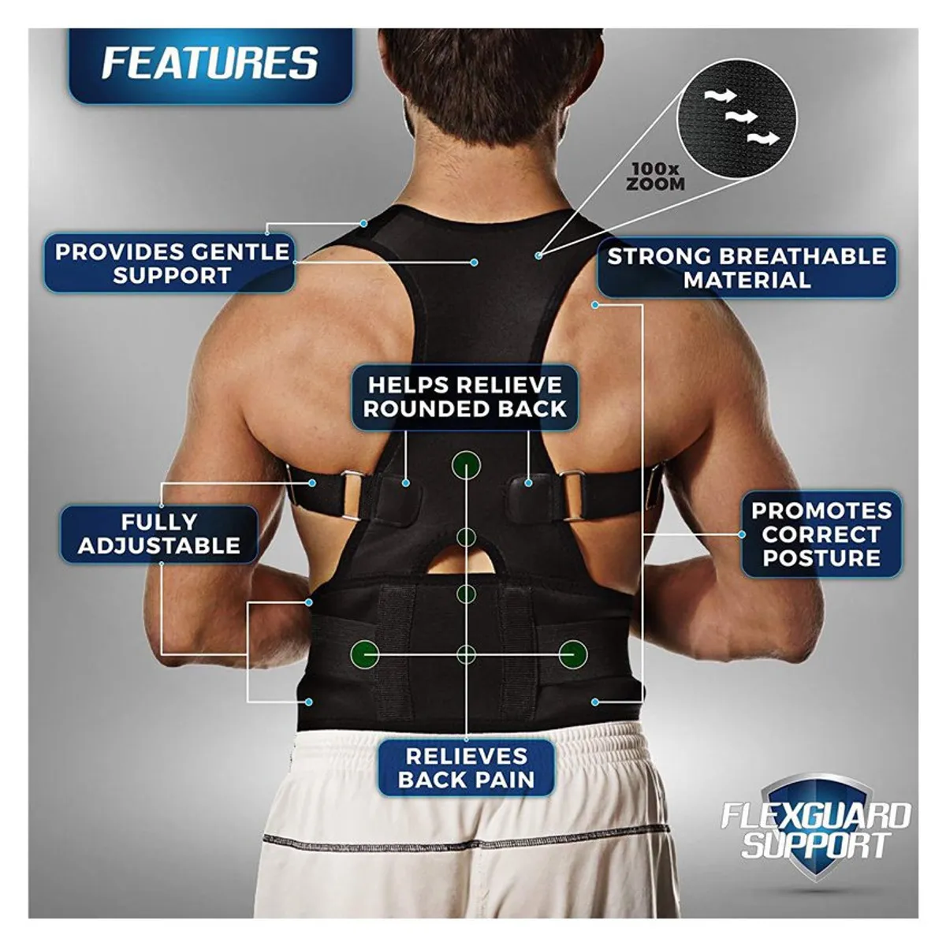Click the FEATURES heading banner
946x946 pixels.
pyautogui.click(x=210, y=65)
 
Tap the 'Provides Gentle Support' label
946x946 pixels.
pyautogui.click(x=169, y=263)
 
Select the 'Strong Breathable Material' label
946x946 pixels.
pyautogui.click(x=747, y=267)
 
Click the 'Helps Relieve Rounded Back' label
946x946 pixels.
pyautogui.click(x=464, y=397)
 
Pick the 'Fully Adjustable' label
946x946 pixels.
pyautogui.click(x=159, y=534)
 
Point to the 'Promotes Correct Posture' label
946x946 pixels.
pyautogui.click(x=821, y=534)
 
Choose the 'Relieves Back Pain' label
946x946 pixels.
pyautogui.click(x=466, y=769)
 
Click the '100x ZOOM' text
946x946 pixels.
pyautogui.click(x=655, y=177)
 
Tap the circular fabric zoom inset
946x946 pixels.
pyautogui.click(x=736, y=117)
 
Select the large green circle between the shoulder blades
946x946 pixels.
pyautogui.click(x=466, y=464)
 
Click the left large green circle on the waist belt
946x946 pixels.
pyautogui.click(x=365, y=654)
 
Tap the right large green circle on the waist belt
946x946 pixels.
pyautogui.click(x=572, y=654)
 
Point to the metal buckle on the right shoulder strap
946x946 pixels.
pyautogui.click(x=572, y=495)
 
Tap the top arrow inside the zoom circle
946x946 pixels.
pyautogui.click(x=721, y=95)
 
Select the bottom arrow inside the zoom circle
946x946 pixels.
pyautogui.click(x=763, y=138)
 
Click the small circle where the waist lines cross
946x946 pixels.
pyautogui.click(x=466, y=654)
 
